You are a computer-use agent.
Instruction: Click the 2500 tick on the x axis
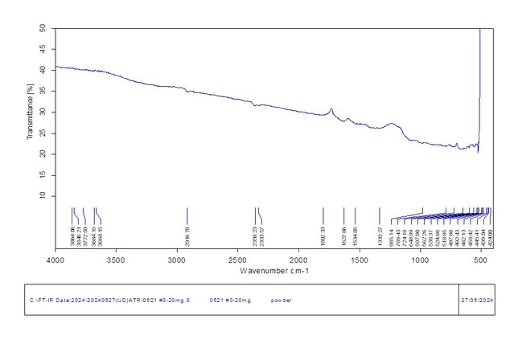pyautogui.click(x=238, y=260)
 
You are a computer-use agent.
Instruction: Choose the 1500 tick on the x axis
pyautogui.click(x=360, y=260)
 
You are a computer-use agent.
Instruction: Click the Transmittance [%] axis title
pyautogui.click(x=31, y=112)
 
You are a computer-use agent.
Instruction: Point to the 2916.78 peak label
pyautogui.click(x=187, y=235)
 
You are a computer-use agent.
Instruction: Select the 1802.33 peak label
pyautogui.click(x=323, y=235)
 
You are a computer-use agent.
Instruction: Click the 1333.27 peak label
pyautogui.click(x=380, y=235)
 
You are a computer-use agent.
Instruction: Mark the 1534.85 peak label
pyautogui.click(x=356, y=235)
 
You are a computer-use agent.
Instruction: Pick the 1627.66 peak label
pyautogui.click(x=344, y=235)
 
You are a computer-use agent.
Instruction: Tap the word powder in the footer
pyautogui.click(x=282, y=300)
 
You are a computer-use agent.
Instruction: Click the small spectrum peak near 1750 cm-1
pyautogui.click(x=331, y=109)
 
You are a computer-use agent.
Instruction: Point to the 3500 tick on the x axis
pyautogui.click(x=117, y=260)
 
